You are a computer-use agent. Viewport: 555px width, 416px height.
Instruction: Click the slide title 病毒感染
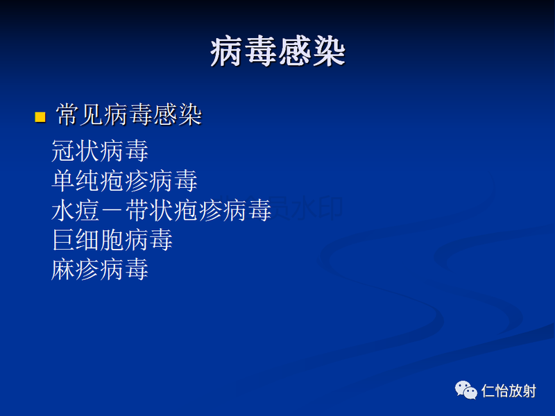click(x=277, y=52)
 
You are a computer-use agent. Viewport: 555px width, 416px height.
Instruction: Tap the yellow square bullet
click(x=40, y=116)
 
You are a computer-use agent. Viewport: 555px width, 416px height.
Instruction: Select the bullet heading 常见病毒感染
click(x=129, y=116)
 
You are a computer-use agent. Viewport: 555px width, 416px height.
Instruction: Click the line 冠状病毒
click(x=100, y=150)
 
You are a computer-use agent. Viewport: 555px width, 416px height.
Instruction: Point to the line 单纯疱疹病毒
click(x=124, y=181)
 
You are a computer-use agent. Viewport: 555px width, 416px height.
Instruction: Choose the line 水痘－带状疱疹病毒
click(x=161, y=210)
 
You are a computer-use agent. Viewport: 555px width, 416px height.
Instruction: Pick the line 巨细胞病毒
click(x=112, y=240)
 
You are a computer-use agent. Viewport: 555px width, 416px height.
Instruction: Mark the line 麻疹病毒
click(x=100, y=270)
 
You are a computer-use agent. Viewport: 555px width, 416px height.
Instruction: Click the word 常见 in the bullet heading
click(x=80, y=116)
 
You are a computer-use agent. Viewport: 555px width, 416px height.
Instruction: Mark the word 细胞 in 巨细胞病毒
click(x=100, y=240)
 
